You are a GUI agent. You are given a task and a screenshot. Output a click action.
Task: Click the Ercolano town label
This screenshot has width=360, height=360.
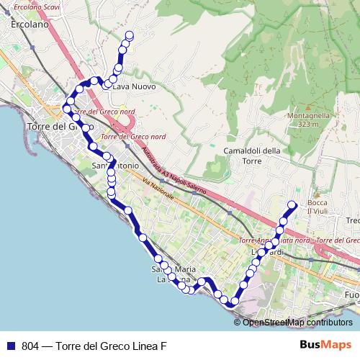(x=30, y=24)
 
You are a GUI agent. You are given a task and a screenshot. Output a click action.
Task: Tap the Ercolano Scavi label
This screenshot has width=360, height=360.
(x=35, y=7)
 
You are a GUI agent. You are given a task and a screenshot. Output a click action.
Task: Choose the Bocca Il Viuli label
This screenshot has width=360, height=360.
(x=317, y=207)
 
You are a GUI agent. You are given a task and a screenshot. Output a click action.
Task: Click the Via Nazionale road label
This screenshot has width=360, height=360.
(x=158, y=189)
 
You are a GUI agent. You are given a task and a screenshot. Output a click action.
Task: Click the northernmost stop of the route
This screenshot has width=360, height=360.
(x=130, y=35)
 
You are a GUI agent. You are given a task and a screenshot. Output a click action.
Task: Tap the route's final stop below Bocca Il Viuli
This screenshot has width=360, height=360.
(x=292, y=205)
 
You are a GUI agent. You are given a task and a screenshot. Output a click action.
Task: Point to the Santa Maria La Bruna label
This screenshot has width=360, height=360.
(x=174, y=274)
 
